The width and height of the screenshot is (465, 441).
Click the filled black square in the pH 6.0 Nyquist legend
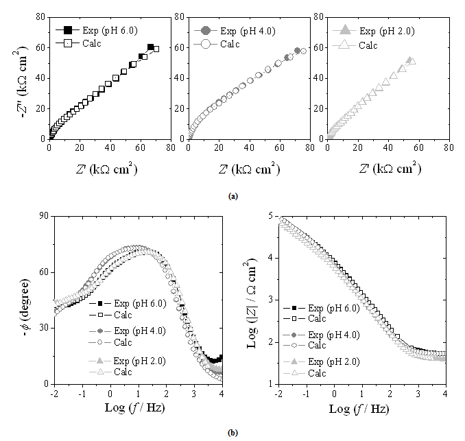pos(68,31)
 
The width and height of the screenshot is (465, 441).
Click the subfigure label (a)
pos(233,195)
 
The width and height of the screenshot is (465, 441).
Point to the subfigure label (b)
pos(233,433)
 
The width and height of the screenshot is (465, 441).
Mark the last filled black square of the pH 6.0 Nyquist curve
pos(151,47)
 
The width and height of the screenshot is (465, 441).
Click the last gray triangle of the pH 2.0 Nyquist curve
pos(409,60)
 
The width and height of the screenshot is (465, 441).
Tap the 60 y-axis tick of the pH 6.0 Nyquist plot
pos(40,47)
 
